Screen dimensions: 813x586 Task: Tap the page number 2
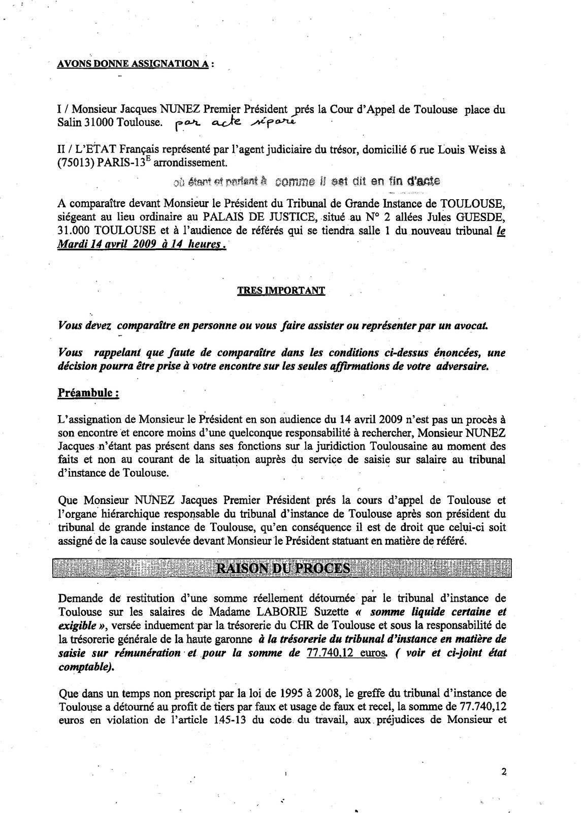point(504,771)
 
